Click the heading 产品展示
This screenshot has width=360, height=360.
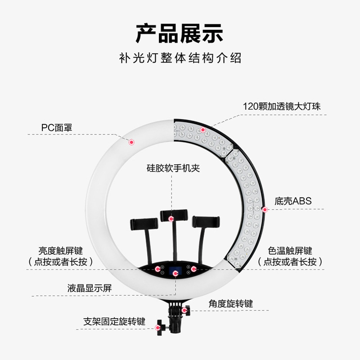tap(180, 34)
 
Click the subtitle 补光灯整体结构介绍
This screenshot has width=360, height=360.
tap(180, 58)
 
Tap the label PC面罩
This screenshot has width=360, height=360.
tap(57, 128)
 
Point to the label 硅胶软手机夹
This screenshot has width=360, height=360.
tap(173, 168)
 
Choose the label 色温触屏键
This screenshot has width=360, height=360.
tap(290, 251)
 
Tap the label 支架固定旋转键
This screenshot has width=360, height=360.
tap(114, 322)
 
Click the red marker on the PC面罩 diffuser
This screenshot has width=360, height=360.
tap(132, 142)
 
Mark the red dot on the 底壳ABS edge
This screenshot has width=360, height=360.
tap(265, 209)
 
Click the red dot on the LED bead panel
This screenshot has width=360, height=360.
tap(203, 130)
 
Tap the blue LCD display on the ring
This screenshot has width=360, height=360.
tap(175, 272)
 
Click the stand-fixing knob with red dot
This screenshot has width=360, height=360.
tap(158, 328)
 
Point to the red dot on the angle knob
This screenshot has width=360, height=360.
tap(184, 310)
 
